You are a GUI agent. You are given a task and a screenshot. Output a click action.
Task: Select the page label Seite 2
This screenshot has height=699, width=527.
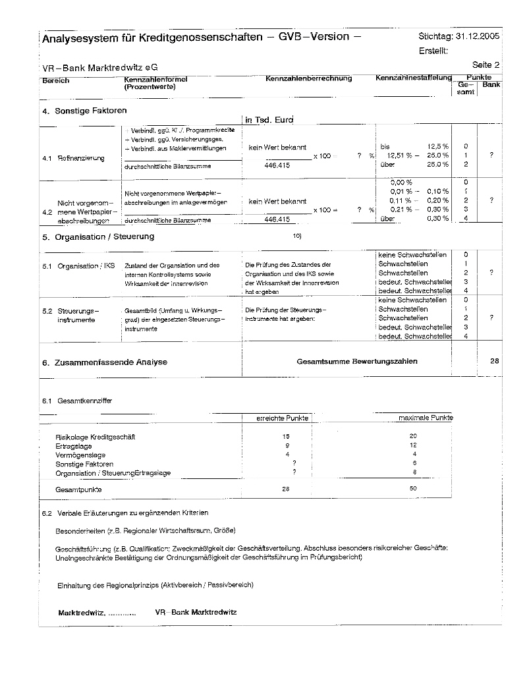pyautogui.click(x=486, y=65)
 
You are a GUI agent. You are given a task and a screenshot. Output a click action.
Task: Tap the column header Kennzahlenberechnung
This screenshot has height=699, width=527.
pyautogui.click(x=308, y=78)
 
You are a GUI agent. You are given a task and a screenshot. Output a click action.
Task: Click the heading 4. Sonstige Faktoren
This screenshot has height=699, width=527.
pyautogui.click(x=84, y=111)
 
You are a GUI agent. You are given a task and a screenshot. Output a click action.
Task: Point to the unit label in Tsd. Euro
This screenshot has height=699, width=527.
pyautogui.click(x=268, y=120)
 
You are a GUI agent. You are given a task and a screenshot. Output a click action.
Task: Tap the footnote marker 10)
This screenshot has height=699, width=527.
pyautogui.click(x=296, y=235)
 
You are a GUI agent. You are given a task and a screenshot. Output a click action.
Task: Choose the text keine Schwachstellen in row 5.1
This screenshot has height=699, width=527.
pyautogui.click(x=413, y=254)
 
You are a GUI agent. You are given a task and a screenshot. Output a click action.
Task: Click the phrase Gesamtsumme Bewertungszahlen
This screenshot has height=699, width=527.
pyautogui.click(x=356, y=362)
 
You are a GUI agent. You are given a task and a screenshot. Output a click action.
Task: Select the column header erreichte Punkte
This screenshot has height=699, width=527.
pyautogui.click(x=282, y=418)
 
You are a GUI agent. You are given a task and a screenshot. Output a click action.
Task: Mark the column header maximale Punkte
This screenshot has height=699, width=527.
pyautogui.click(x=426, y=418)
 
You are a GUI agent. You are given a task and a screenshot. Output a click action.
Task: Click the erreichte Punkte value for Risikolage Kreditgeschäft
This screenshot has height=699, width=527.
pyautogui.click(x=286, y=437)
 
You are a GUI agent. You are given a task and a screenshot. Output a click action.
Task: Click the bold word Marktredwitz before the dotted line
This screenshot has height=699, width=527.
pyautogui.click(x=81, y=613)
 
